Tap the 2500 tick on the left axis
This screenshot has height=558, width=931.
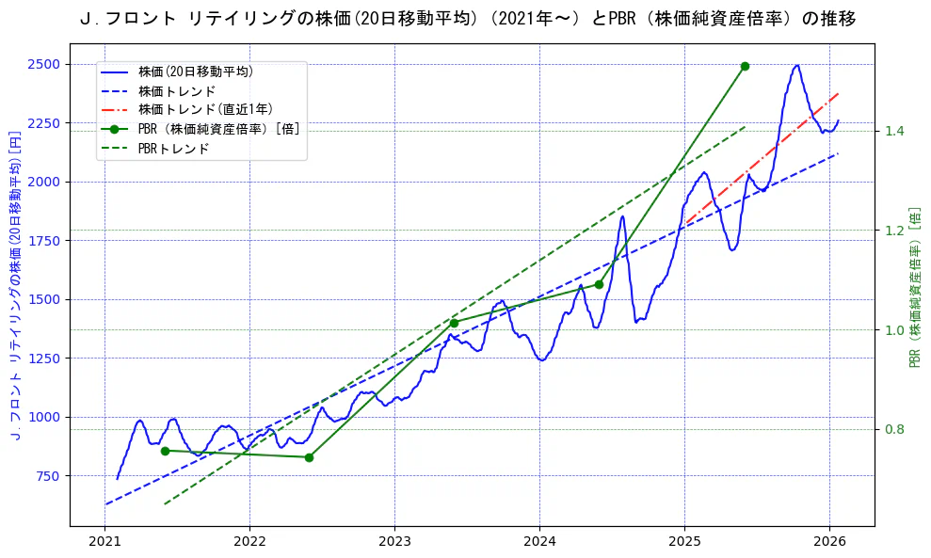coord(43,64)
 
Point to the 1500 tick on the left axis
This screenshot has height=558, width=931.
coord(43,299)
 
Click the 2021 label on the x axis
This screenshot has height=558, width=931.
coord(105,543)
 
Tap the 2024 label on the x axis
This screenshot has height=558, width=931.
coord(539,543)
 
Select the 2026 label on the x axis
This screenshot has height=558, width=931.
coord(829,543)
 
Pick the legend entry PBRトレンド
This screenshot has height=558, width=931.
coord(173,149)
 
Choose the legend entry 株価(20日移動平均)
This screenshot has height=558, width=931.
coord(195,72)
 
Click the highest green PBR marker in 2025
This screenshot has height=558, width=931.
coord(745,66)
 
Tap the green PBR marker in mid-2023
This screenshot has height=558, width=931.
coord(454,323)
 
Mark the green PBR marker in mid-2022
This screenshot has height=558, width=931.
coord(309,457)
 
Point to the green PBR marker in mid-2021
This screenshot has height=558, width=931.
coord(165,451)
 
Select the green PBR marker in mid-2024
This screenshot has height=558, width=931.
coord(599,284)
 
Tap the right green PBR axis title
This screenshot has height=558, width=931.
coord(914,287)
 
